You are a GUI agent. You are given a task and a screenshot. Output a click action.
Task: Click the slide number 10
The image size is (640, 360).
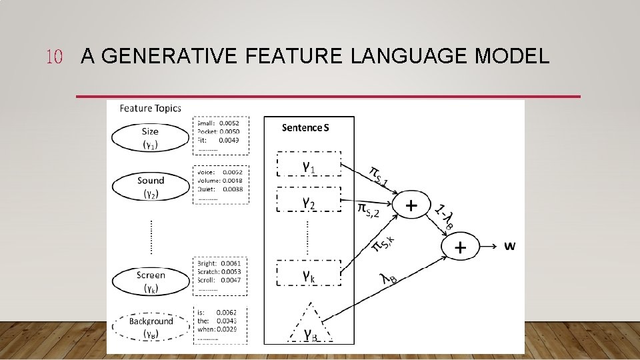tap(53, 57)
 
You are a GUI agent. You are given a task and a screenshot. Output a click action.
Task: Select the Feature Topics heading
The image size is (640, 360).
tap(150, 108)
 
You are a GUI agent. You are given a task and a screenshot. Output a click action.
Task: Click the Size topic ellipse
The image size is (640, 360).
tap(150, 138)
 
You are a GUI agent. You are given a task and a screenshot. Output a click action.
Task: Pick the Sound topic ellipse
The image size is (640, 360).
tap(150, 187)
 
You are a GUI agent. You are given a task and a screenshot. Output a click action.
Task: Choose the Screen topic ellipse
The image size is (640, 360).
tap(150, 281)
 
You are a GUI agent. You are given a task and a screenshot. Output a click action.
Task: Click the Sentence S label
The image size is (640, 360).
tap(305, 127)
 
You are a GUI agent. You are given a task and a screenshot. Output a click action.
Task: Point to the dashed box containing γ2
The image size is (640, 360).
tap(308, 201)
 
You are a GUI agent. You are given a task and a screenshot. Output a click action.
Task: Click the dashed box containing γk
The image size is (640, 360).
tap(308, 273)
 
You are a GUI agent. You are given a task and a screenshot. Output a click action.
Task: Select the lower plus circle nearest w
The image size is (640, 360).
tap(460, 247)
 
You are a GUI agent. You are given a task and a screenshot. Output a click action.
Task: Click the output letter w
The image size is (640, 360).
tap(509, 247)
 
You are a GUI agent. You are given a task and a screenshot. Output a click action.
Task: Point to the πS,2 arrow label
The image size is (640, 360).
tap(368, 210)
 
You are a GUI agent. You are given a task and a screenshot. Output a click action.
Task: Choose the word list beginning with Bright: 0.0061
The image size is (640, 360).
tap(221, 275)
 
